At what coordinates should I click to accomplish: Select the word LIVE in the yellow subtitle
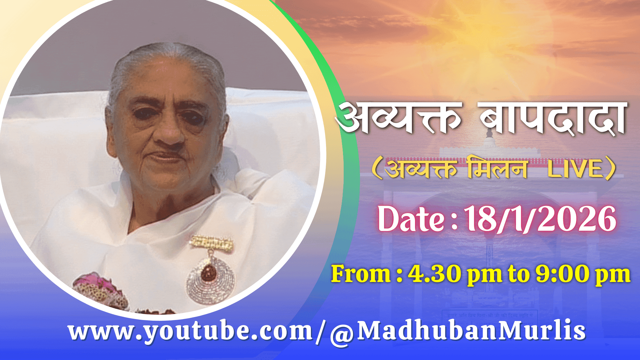(x=575, y=169)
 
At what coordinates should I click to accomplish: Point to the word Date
(x=411, y=219)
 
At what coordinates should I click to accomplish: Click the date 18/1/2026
(x=540, y=219)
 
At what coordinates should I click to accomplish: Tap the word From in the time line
(x=361, y=274)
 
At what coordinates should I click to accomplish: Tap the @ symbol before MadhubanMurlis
(x=342, y=334)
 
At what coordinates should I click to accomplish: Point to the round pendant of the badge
(x=211, y=279)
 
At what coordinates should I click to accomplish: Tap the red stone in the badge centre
(x=209, y=272)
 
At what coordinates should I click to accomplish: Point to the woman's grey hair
(x=167, y=63)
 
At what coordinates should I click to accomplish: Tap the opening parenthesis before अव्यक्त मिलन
(x=377, y=169)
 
